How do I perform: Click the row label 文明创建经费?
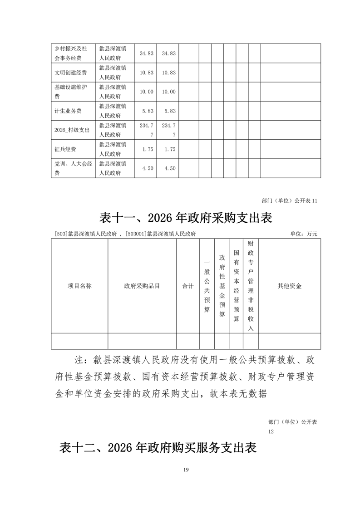[x=70, y=73]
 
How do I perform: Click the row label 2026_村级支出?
[x=71, y=130]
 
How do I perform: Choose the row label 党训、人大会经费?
[x=73, y=168]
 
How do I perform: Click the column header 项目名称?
[x=79, y=286]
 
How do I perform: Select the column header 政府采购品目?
[x=142, y=286]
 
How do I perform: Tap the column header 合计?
[x=188, y=286]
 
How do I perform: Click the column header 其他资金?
[x=290, y=286]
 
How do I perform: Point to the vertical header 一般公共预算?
[x=207, y=286]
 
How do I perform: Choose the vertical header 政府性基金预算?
[x=222, y=286]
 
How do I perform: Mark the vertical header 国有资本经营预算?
[x=237, y=286]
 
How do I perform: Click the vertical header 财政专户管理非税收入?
[x=251, y=286]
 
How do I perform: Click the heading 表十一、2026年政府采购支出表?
[x=185, y=218]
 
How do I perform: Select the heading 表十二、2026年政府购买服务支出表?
[x=158, y=448]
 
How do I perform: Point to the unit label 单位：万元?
[x=303, y=234]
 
